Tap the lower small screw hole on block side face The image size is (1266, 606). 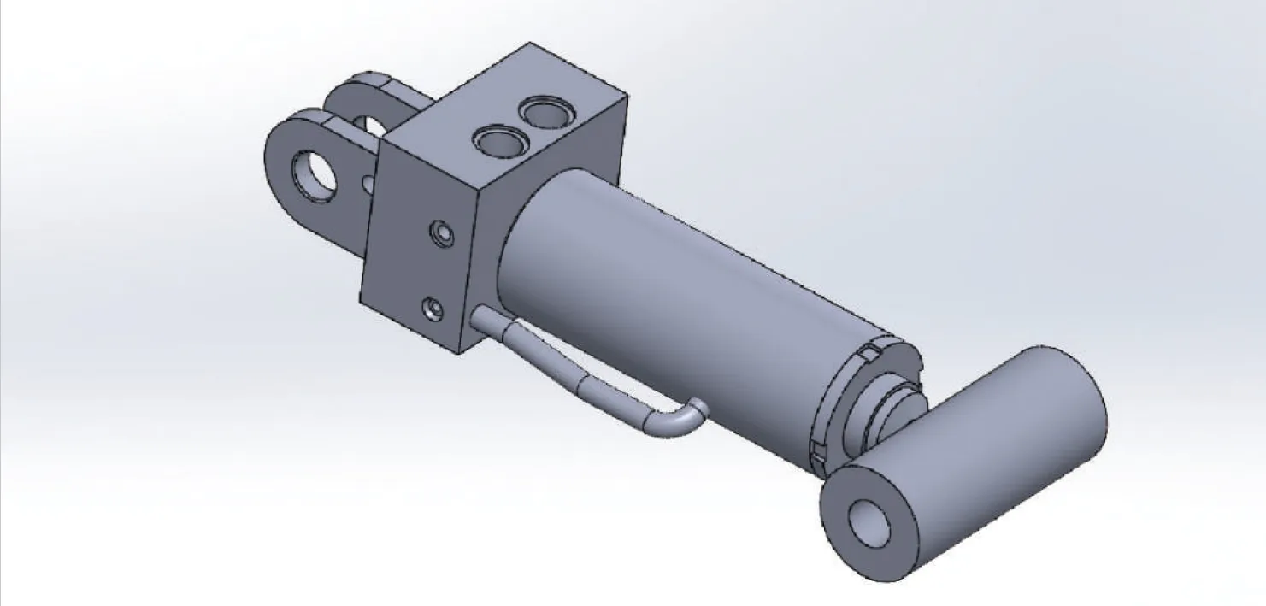coord(435,308)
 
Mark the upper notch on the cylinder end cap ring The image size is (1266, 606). coord(870,352)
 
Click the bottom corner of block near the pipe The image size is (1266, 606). coord(462,352)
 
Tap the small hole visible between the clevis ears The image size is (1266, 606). coord(368,182)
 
